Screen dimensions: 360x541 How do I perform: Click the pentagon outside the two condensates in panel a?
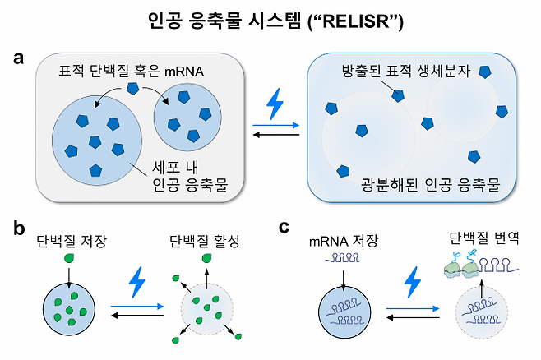tap(132, 88)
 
